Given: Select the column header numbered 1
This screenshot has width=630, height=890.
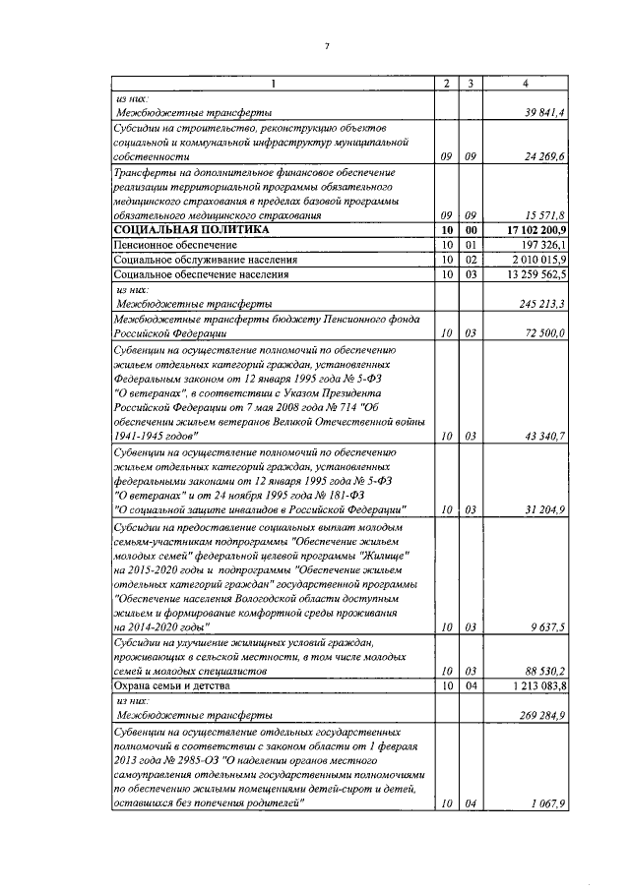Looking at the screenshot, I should tap(274, 85).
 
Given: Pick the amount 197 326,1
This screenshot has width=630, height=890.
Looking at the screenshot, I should tap(538, 243).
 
